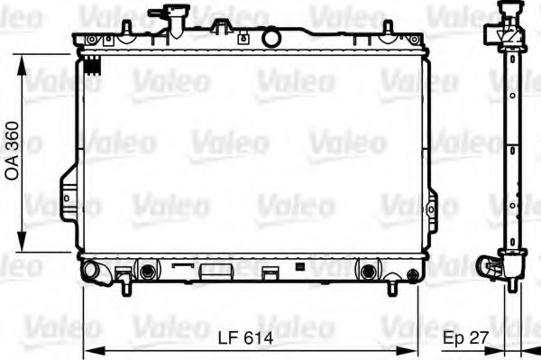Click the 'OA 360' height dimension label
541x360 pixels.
tap(13, 150)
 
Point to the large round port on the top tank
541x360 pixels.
tap(271, 38)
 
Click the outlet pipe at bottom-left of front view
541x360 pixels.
tap(90, 269)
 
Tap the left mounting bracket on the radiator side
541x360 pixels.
tap(69, 194)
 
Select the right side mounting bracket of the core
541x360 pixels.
tap(432, 206)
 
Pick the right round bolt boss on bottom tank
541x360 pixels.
tap(367, 271)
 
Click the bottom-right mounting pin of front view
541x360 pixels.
tap(393, 288)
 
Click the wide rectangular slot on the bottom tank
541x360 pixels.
tap(215, 270)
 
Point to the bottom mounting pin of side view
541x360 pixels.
tap(513, 284)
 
